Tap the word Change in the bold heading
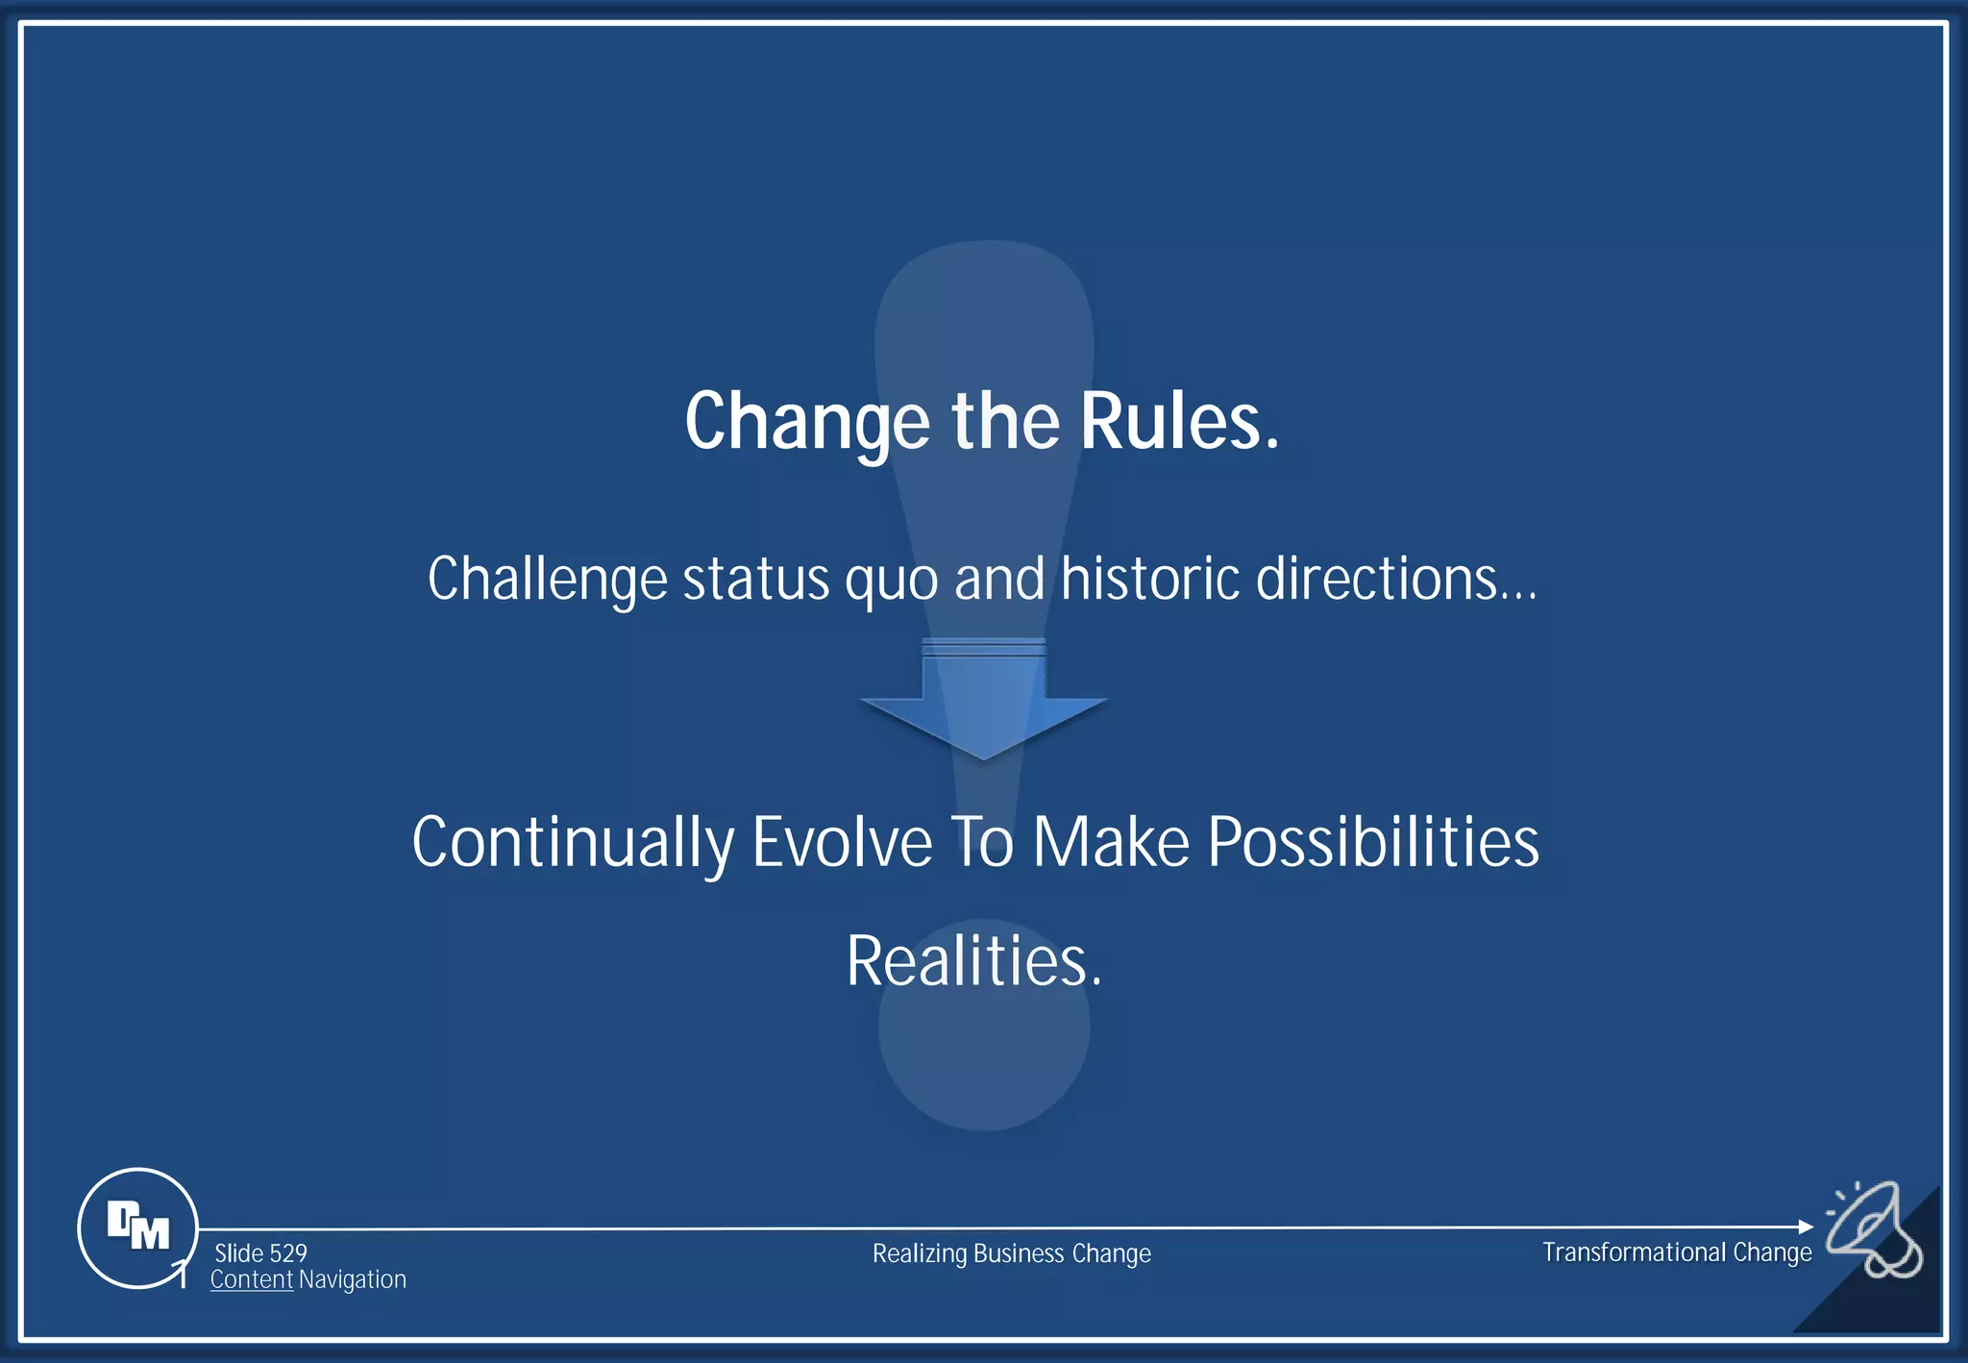point(806,423)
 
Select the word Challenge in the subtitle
point(547,580)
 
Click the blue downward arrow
point(983,699)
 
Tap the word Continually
point(573,843)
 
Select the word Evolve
point(841,842)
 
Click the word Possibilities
point(1372,842)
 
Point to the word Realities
point(973,960)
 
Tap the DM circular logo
point(137,1227)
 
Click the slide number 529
point(287,1253)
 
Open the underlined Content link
point(251,1280)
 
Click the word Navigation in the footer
point(352,1280)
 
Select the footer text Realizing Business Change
point(1011,1253)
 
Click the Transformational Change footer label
point(1676,1252)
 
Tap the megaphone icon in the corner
point(1873,1230)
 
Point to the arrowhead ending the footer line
point(1805,1227)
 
